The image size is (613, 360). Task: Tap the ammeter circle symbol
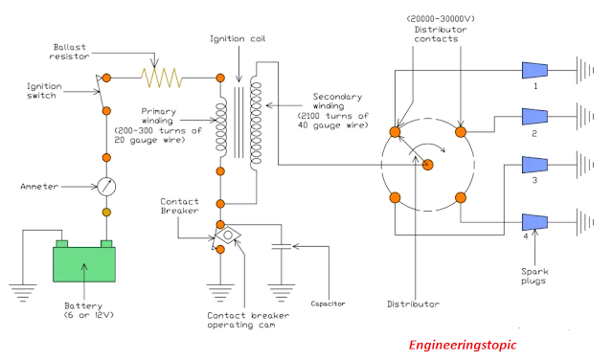[107, 186]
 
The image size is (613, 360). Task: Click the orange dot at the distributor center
[429, 165]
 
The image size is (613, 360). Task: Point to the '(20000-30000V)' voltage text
[442, 18]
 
